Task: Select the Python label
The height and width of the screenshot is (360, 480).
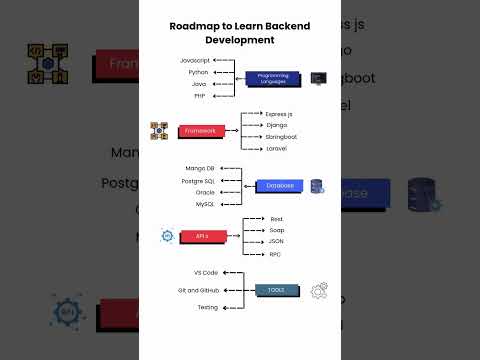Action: coord(197,73)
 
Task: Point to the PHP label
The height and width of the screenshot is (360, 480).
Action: coord(199,96)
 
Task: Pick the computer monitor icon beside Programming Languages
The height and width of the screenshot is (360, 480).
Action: coord(317,77)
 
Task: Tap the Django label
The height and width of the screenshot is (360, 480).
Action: coord(277,125)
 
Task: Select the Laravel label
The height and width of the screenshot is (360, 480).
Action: coord(277,148)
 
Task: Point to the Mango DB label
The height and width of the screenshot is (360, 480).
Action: coord(199,168)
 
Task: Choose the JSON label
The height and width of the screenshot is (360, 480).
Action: coord(276,241)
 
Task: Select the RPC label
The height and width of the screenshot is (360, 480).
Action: coord(275,254)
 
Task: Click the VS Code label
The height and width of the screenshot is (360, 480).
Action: coord(205,272)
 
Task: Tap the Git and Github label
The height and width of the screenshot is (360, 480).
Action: coord(198,290)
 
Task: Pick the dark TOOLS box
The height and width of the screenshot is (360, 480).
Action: coord(275,290)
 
